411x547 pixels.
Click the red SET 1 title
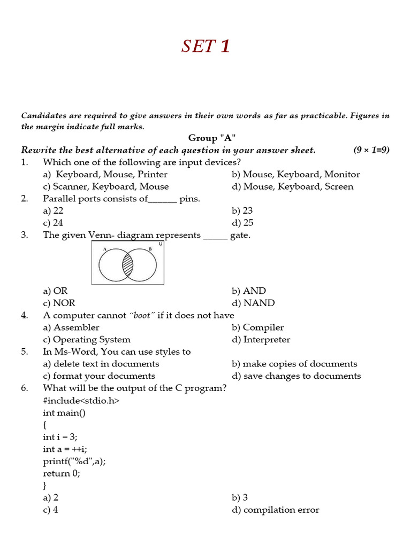(x=205, y=46)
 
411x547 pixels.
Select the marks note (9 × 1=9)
(x=371, y=150)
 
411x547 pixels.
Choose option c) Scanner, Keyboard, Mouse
(x=106, y=186)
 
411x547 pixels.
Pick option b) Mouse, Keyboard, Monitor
(x=295, y=174)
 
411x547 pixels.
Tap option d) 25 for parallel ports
(x=242, y=223)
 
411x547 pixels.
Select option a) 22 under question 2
(x=54, y=210)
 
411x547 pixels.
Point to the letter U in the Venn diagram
(x=160, y=244)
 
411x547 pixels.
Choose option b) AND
(x=248, y=291)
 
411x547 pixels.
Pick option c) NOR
(x=59, y=303)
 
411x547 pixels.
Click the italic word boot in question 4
(x=142, y=315)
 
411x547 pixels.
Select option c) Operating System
(x=87, y=340)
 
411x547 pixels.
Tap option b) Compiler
(x=257, y=327)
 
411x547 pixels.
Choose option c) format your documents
(x=99, y=376)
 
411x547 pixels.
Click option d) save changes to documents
(x=296, y=376)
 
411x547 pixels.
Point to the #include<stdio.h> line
(x=81, y=400)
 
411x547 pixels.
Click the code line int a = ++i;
(x=65, y=449)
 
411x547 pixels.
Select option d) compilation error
(x=275, y=510)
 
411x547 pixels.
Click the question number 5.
(x=25, y=351)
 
